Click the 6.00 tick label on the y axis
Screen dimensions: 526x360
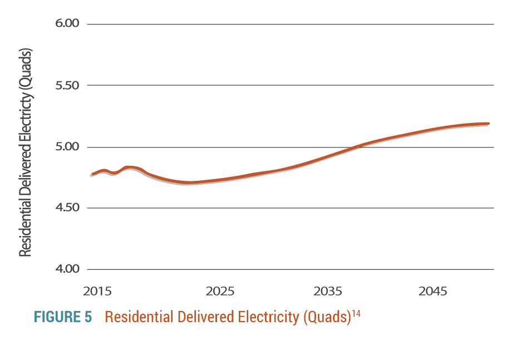pos(67,23)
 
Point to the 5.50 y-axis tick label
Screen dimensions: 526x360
pos(67,85)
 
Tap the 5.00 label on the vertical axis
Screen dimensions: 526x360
pos(67,146)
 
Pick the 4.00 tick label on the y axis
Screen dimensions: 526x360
pos(67,269)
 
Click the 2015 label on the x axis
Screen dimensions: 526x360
pos(97,292)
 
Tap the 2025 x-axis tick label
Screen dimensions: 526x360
pos(220,292)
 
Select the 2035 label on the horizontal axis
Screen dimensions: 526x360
pos(328,292)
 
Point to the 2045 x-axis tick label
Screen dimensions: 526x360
pos(432,292)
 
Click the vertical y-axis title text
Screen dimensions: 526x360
pos(26,152)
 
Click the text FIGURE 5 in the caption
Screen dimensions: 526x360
pos(63,317)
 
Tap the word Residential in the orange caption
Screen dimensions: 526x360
pos(139,317)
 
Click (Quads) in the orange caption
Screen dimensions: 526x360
pos(327,317)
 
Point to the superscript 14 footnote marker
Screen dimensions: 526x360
pos(356,313)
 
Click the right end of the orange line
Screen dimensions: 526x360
pos(489,124)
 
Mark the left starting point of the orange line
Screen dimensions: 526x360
pos(92,175)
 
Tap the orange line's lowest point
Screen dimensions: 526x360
pos(189,183)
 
